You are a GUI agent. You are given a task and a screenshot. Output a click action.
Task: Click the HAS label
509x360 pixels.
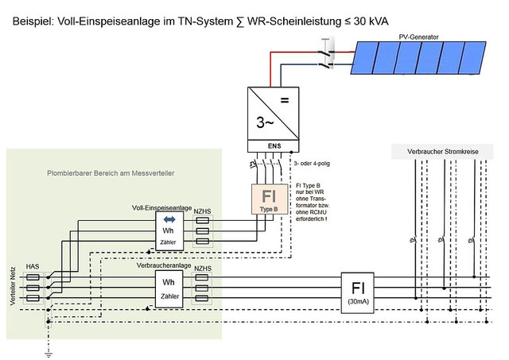(33, 267)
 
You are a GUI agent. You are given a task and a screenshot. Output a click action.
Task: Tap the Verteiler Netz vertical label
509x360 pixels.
(12, 286)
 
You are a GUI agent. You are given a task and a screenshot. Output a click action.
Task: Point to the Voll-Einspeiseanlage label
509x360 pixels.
(161, 207)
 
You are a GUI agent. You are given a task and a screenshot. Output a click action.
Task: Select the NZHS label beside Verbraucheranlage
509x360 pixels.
(203, 269)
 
